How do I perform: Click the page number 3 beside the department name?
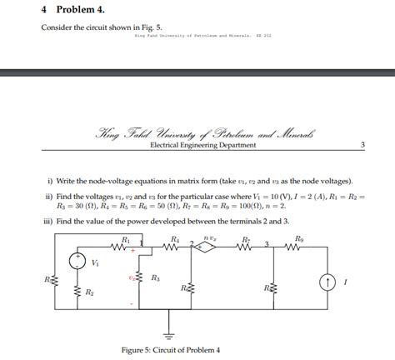tap(362, 145)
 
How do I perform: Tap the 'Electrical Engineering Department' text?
tap(202, 145)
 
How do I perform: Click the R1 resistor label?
tap(126, 239)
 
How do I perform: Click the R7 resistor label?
tap(246, 239)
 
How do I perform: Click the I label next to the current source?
tap(344, 283)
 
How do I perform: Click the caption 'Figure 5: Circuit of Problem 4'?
tap(170, 350)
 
